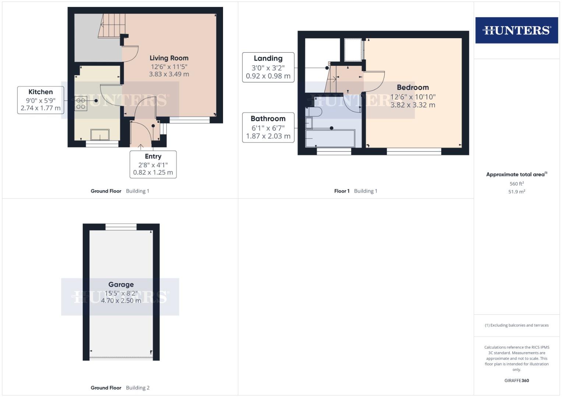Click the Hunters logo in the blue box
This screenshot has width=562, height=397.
(x=516, y=30)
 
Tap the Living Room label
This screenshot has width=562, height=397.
(x=169, y=58)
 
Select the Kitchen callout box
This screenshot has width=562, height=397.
(x=40, y=100)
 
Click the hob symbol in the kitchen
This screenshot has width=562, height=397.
(x=81, y=103)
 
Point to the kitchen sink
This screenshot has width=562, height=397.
(x=100, y=135)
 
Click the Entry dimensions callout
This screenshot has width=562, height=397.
(x=153, y=165)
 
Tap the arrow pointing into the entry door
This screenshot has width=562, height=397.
(x=141, y=147)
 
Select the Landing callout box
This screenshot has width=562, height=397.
(x=268, y=67)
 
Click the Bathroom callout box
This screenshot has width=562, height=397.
(x=268, y=127)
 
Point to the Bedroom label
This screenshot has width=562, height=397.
(x=413, y=87)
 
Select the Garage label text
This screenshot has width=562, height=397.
(x=121, y=285)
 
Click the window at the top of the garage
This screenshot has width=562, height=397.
(x=121, y=227)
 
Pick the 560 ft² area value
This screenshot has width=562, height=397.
(x=516, y=184)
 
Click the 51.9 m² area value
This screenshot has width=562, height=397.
(x=516, y=192)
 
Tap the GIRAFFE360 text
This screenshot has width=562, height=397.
(x=516, y=380)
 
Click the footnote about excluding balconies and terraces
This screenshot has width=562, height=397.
(x=516, y=325)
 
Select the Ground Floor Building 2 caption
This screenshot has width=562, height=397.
(x=120, y=388)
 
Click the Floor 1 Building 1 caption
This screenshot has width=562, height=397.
(x=356, y=191)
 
